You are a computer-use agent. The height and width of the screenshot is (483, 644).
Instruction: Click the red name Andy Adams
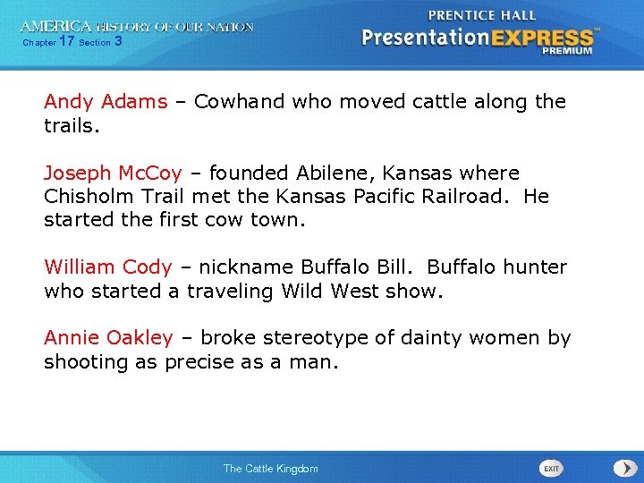106,102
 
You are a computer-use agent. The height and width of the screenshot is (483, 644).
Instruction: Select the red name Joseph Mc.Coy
113,173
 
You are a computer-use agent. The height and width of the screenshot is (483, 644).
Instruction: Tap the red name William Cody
107,267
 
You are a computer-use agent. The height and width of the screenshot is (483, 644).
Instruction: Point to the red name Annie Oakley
108,338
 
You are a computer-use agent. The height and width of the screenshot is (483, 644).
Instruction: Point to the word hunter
533,267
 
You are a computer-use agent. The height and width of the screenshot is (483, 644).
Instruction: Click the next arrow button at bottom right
623,468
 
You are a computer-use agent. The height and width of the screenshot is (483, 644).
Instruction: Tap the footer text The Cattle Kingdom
270,469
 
